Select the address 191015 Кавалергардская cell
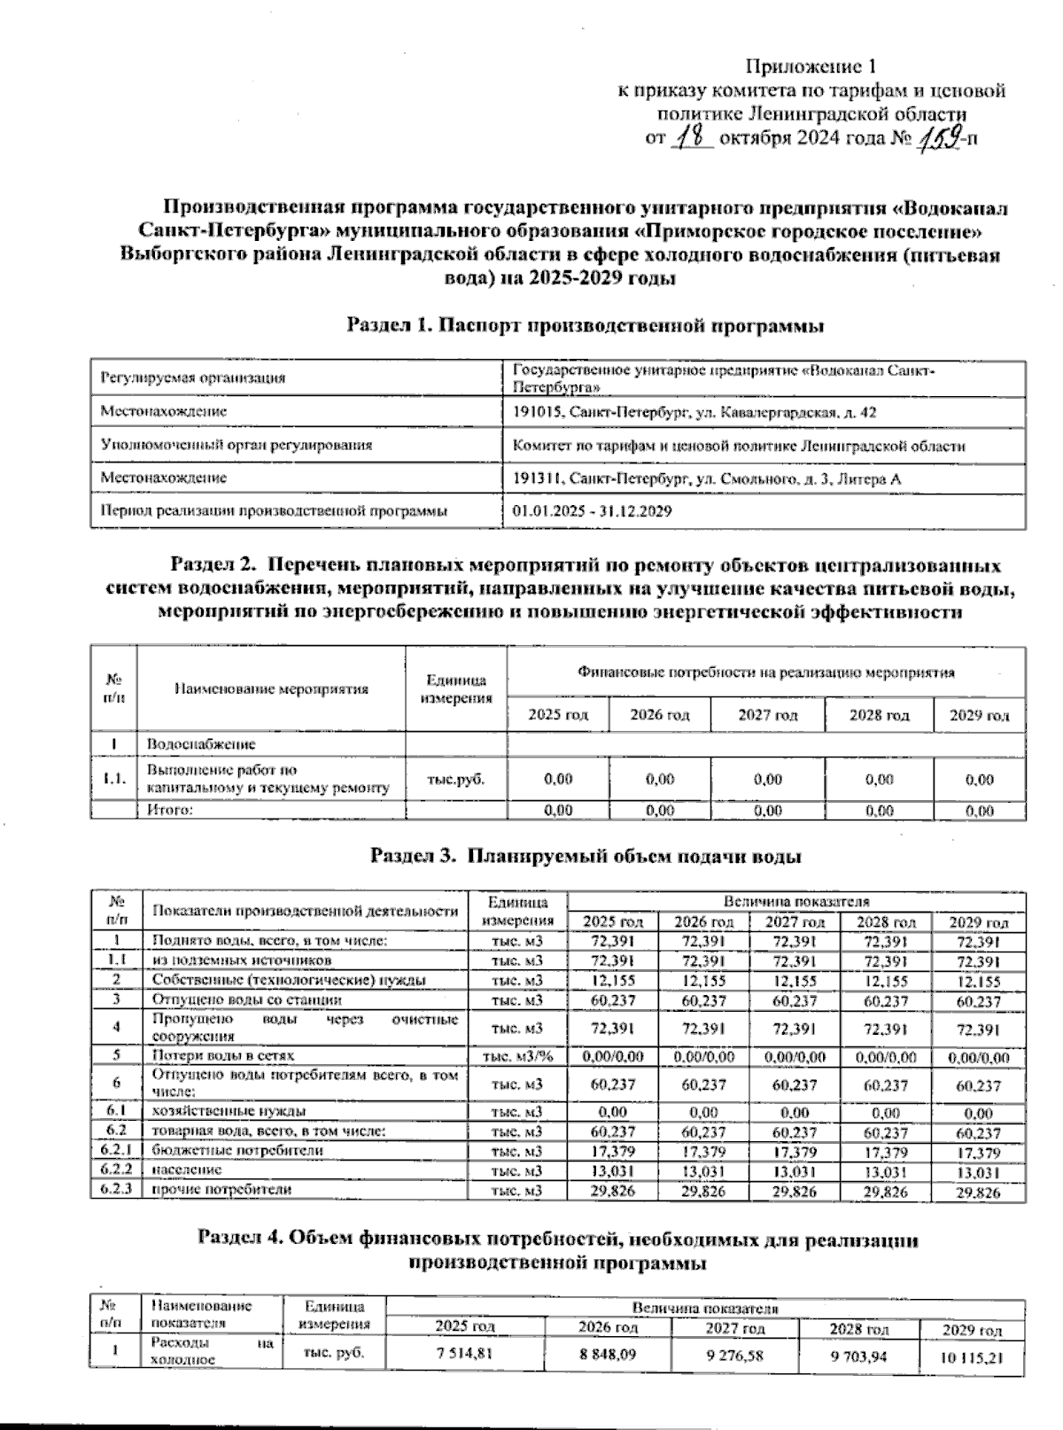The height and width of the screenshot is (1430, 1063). click(x=694, y=412)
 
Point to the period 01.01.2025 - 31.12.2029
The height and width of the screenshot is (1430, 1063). click(x=592, y=511)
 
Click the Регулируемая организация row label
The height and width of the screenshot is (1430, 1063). click(x=192, y=378)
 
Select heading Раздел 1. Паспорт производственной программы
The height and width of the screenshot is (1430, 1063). click(x=585, y=325)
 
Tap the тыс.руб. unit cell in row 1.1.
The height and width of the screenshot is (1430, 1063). click(x=455, y=780)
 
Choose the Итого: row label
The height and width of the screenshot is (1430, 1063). click(x=170, y=810)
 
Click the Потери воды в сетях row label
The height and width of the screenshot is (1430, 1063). click(x=222, y=1055)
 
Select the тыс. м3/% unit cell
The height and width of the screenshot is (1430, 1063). click(x=516, y=1056)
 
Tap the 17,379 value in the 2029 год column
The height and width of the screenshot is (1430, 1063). click(x=978, y=1153)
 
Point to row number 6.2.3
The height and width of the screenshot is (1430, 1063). click(x=115, y=1190)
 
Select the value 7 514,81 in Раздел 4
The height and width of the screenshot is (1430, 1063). click(x=465, y=1353)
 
